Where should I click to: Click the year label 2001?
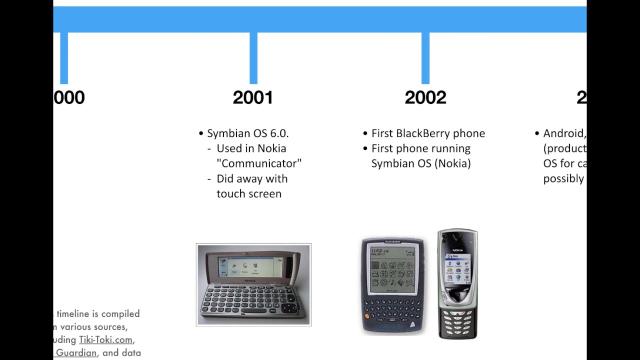pos(253,97)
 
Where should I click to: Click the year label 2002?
pos(425,97)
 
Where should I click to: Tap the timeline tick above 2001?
pos(253,58)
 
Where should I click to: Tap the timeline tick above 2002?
pos(425,58)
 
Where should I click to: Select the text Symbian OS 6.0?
pos(248,133)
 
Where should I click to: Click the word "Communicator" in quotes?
pos(259,163)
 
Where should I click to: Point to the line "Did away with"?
pos(252,178)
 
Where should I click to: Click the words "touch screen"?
pos(249,194)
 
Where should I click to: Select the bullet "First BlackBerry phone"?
pos(428,133)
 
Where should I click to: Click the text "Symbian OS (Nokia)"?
pos(421,163)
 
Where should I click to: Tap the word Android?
pos(563,133)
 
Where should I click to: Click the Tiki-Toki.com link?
pos(105,340)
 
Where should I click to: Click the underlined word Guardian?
pos(76,353)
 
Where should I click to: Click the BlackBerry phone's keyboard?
pos(391,312)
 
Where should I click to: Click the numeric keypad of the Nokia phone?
pos(457,322)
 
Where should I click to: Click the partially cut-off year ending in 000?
pos(69,97)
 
